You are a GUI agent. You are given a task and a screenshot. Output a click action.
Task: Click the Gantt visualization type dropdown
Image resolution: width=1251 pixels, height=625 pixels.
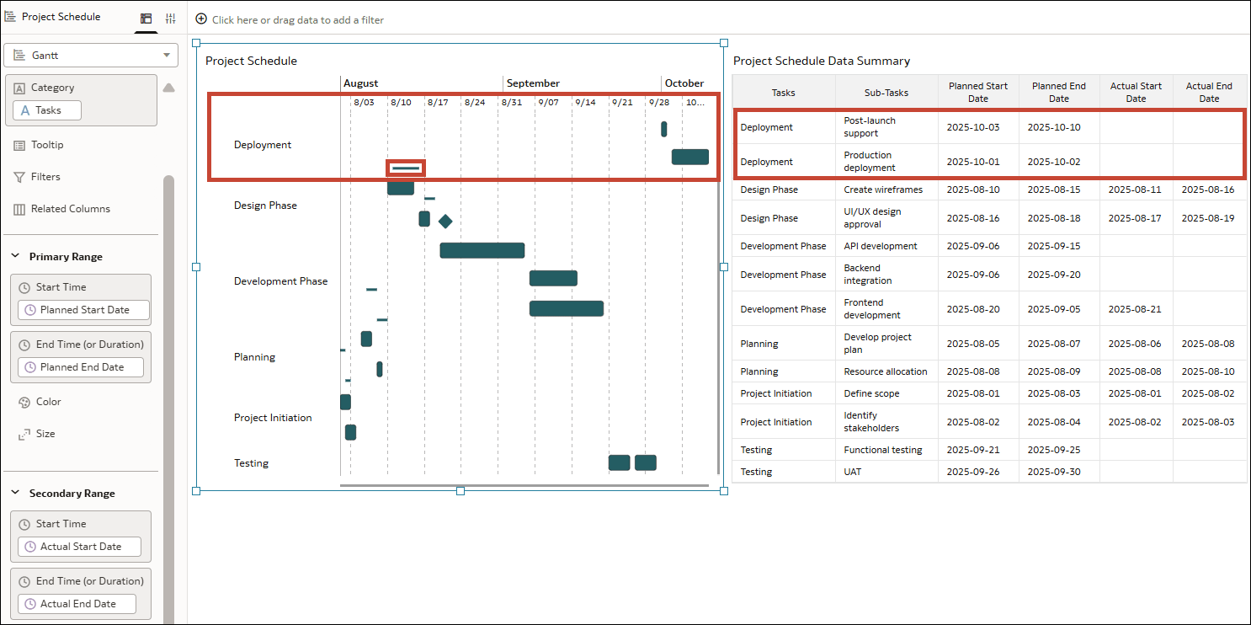point(91,56)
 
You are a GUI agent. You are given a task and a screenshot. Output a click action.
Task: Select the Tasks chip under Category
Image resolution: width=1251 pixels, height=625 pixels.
point(47,110)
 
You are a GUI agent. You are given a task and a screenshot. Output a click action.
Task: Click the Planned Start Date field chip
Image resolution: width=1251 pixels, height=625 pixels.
point(83,310)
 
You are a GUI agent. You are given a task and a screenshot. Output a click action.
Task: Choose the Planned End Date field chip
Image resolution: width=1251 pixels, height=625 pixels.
point(80,367)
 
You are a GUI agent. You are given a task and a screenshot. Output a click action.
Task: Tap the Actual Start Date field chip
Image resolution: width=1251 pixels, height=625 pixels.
point(79,547)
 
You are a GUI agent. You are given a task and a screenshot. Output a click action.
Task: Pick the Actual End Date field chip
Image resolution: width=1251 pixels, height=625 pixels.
point(77,604)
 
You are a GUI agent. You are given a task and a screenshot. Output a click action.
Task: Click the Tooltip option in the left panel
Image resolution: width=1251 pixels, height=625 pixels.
point(47,145)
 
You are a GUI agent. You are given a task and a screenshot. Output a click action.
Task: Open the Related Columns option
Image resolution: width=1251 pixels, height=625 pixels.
point(70,209)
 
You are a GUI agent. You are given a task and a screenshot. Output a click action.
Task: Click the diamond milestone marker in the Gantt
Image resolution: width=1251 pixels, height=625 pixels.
point(445,222)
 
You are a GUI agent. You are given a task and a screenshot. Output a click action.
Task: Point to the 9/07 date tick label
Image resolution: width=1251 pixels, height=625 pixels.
point(548,103)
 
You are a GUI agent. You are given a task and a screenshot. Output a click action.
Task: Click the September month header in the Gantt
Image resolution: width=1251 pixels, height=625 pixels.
point(533,83)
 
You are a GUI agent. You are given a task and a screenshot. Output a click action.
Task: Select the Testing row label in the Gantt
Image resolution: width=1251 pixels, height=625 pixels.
point(251,463)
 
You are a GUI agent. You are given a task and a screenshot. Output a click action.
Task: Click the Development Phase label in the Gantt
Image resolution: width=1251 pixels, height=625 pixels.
point(280,281)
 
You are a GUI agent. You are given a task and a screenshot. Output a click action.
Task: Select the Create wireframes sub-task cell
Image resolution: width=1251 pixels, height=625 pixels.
point(883,190)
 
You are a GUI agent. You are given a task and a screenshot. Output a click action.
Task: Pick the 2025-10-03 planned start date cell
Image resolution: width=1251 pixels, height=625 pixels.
point(973,127)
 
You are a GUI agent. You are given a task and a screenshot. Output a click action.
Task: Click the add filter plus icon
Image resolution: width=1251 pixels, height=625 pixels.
point(201,19)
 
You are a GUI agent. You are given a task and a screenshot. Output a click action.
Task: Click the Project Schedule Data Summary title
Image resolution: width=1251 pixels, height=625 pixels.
point(821,61)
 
